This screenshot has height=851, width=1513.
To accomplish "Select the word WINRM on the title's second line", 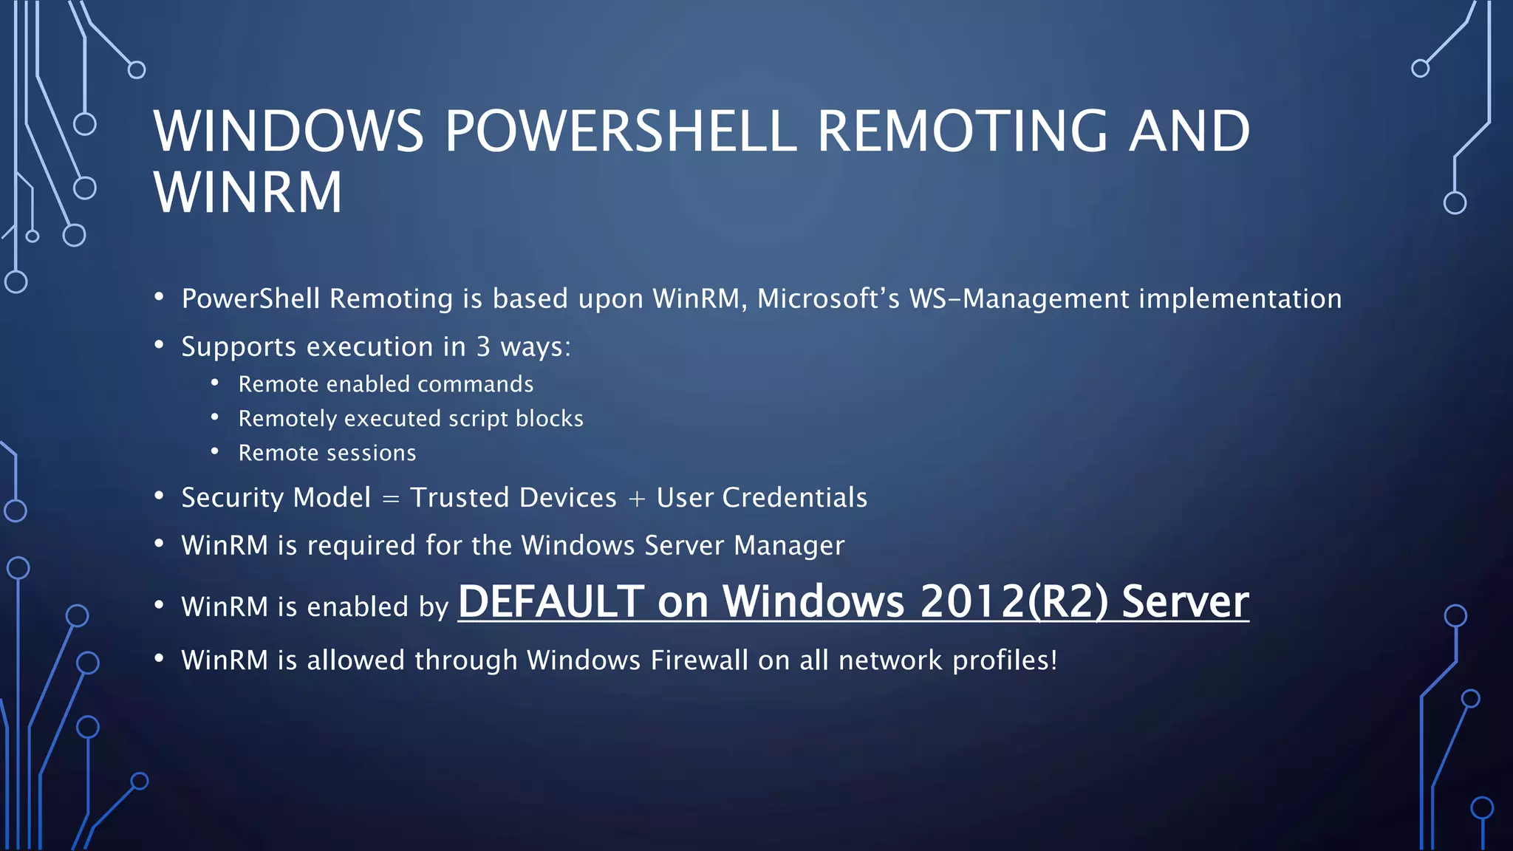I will pos(248,193).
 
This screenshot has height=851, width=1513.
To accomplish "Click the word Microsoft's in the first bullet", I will pos(828,299).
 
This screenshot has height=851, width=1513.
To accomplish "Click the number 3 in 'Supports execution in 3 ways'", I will pos(483,347).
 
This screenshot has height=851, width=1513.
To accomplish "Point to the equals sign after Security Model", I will pos(391,499).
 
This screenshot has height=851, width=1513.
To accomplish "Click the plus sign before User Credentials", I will pos(636,499).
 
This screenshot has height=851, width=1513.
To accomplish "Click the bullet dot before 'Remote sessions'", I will pos(215,451).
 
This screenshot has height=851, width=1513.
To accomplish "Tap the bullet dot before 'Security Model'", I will pos(159,496).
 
